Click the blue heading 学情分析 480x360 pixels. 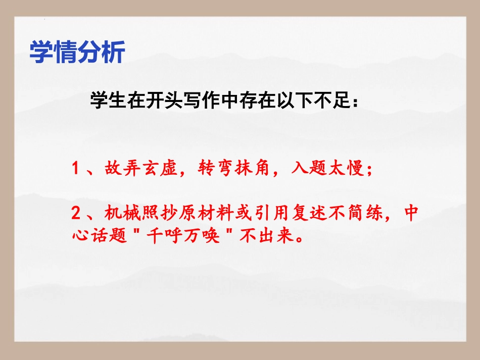(77, 52)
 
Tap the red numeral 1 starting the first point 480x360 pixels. (75, 168)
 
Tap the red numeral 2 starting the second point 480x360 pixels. (76, 213)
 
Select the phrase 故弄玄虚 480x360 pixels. (141, 168)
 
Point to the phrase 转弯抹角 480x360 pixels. (234, 168)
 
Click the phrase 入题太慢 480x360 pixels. (327, 168)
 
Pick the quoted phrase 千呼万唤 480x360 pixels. (183, 236)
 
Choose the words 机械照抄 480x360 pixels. (141, 213)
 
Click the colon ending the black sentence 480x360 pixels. (355, 102)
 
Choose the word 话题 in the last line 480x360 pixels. (109, 236)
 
